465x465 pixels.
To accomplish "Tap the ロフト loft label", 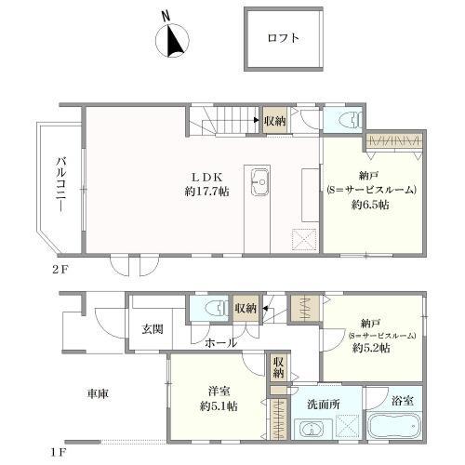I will (x=284, y=38).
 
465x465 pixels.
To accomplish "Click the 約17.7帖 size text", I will (x=206, y=191).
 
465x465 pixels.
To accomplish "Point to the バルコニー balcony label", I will (x=58, y=186).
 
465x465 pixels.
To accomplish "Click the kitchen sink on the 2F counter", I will (x=259, y=179).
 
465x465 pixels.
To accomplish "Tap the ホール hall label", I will (x=220, y=342).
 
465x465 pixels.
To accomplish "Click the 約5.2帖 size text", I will (x=370, y=348).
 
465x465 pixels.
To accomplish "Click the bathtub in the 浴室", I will (x=395, y=430).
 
